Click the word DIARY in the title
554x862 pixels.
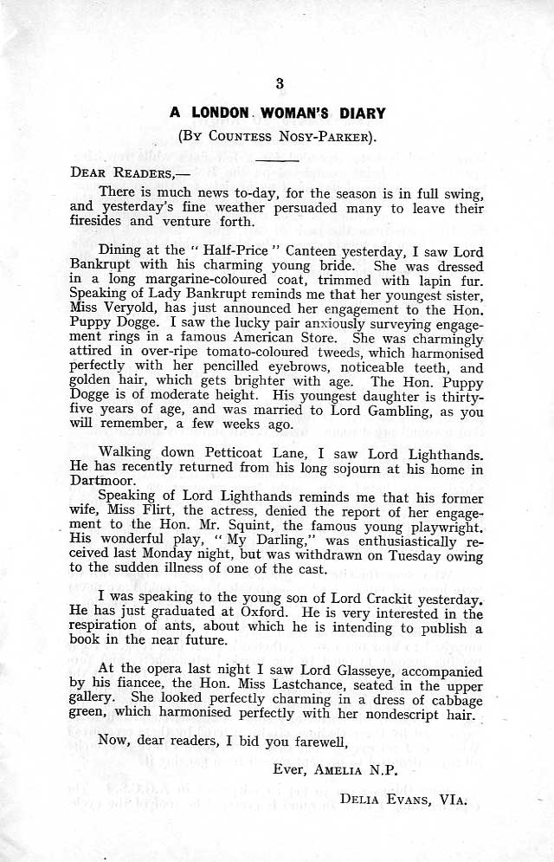[358, 113]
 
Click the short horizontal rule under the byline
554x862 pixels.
[277, 159]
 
